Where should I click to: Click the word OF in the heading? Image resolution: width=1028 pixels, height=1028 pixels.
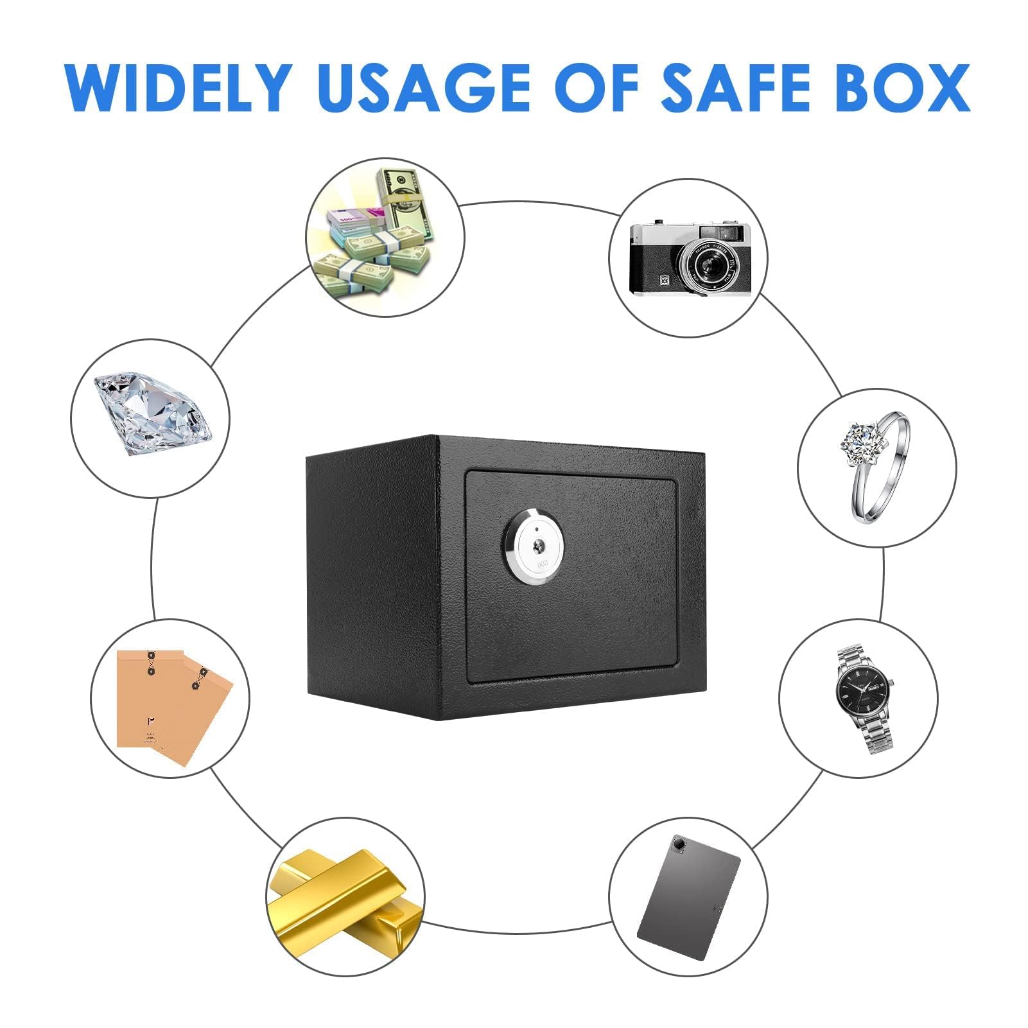click(x=597, y=87)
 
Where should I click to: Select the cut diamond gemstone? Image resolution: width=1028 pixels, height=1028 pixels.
click(x=153, y=414)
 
